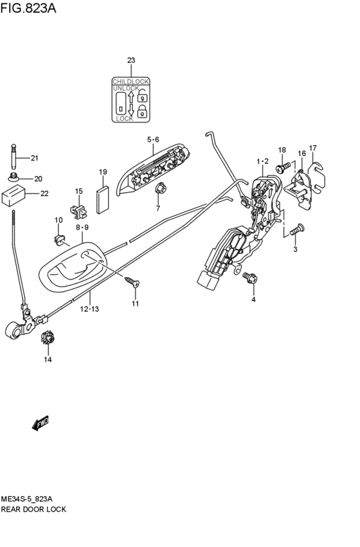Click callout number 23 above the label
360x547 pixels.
point(131,60)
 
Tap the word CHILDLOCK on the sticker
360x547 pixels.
point(130,82)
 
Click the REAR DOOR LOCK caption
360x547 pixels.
point(33,509)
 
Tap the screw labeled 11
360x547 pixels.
point(131,281)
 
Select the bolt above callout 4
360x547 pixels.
point(249,278)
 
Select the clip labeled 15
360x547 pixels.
point(78,209)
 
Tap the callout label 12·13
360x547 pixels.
point(90,309)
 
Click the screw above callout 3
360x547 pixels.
point(297,228)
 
